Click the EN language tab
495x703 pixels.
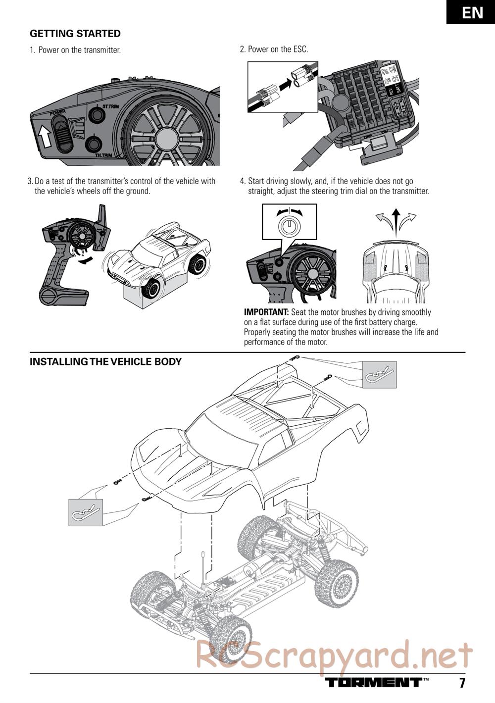472,12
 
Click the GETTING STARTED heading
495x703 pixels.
75,34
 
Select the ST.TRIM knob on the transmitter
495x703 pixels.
96,115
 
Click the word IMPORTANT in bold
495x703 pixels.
266,312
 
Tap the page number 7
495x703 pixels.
462,683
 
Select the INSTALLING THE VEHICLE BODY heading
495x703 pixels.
105,361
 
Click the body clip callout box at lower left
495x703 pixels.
86,512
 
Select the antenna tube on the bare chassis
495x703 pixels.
203,569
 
